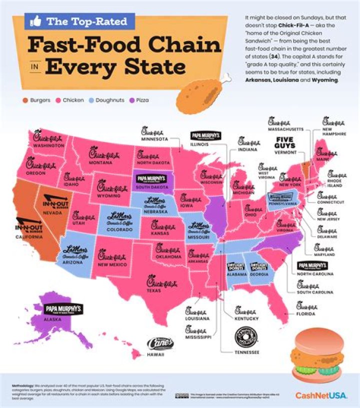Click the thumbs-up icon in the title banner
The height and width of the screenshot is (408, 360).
[x=35, y=21]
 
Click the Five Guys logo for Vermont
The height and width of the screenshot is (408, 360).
[x=288, y=143]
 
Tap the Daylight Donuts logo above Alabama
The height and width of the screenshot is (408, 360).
[x=235, y=266]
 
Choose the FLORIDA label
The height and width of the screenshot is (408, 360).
[x=305, y=314]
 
